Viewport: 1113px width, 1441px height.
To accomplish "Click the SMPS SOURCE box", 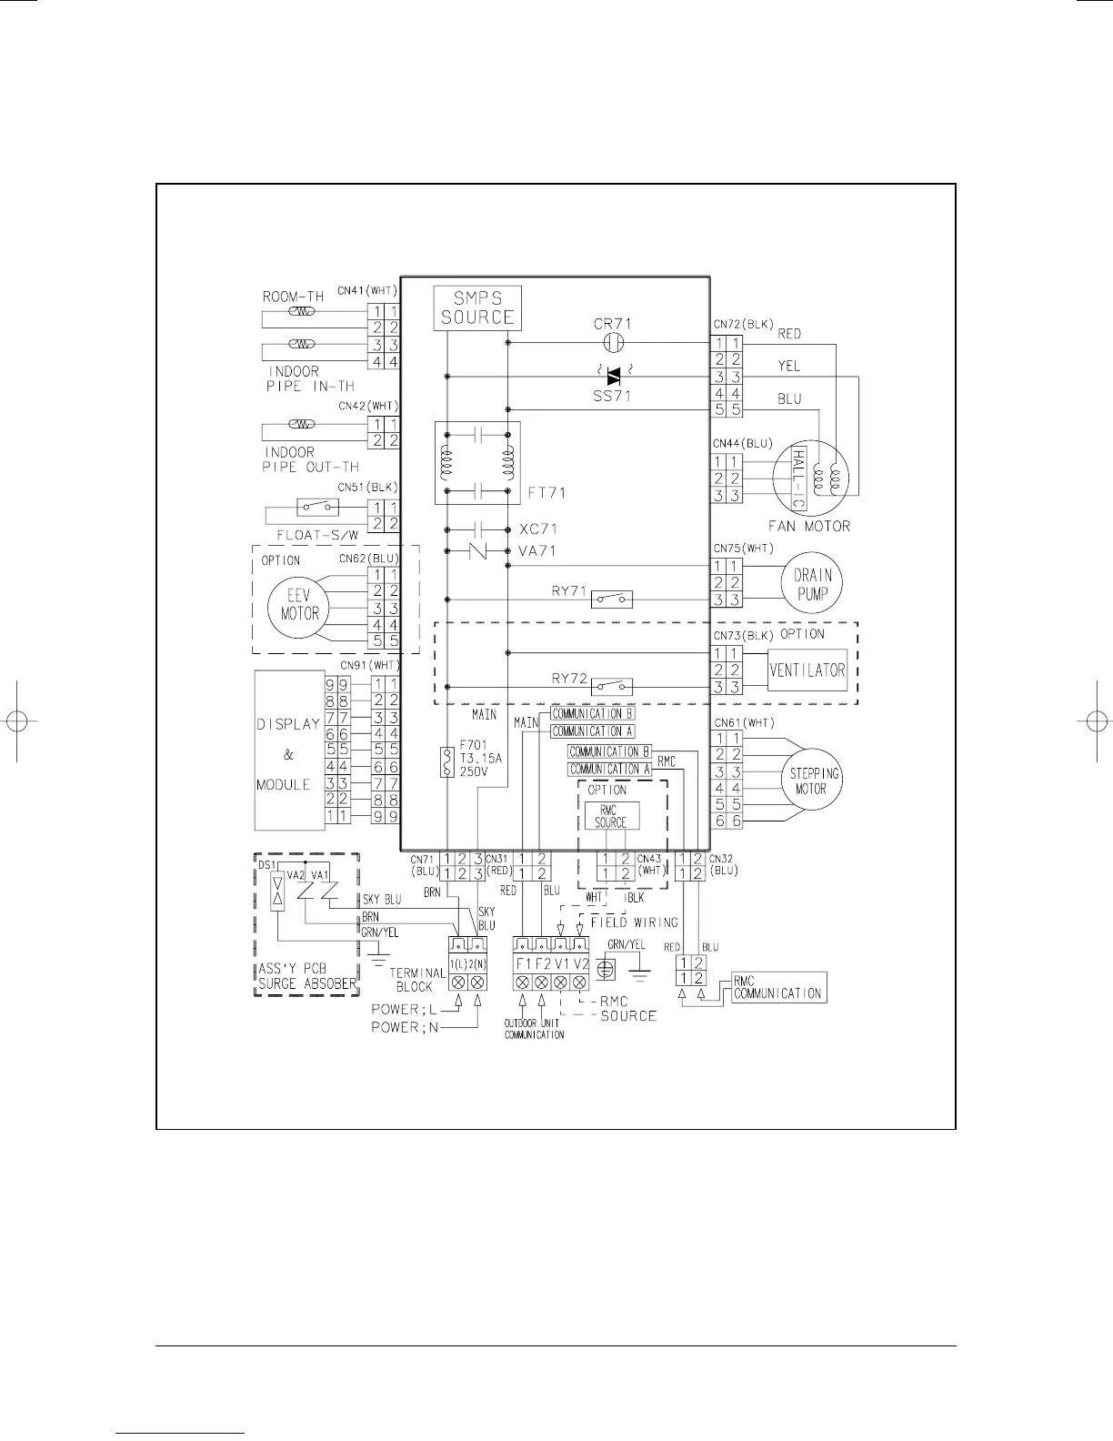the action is (477, 308).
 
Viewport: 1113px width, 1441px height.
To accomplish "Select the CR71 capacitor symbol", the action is (614, 343).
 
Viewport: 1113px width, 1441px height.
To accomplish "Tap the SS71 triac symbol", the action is (614, 377).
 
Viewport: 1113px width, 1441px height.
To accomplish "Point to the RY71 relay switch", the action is (611, 600).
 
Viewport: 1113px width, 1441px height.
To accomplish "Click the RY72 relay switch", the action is (611, 686).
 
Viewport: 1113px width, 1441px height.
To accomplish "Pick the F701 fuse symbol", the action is (447, 762).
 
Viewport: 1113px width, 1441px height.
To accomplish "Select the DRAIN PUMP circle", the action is (812, 583).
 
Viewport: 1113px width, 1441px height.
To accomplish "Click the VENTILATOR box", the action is (807, 670).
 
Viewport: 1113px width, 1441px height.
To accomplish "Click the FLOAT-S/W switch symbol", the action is (317, 508).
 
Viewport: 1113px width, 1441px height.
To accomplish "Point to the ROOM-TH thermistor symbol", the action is (302, 312).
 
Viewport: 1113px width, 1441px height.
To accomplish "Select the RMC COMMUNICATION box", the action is (779, 987).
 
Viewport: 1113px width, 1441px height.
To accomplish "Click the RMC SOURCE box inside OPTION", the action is (612, 816).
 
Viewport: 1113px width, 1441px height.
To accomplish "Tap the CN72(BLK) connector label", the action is (744, 324).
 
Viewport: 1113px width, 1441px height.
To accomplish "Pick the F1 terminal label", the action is (524, 963).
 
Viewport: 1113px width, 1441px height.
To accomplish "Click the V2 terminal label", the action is (581, 963).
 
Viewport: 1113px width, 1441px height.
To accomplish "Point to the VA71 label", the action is (536, 550).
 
